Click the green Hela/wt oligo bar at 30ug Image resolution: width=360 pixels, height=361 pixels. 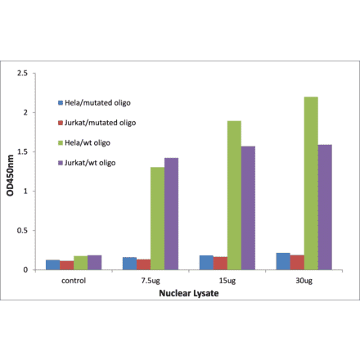pos(311,183)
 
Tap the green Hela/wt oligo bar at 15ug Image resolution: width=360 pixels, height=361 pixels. pos(234,196)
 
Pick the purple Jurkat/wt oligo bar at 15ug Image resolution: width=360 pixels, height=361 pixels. pos(249,208)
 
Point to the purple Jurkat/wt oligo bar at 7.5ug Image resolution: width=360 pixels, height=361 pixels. pos(172,214)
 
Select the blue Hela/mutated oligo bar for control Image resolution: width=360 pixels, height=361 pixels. pos(52,264)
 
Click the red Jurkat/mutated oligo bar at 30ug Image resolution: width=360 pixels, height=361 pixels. pos(296,262)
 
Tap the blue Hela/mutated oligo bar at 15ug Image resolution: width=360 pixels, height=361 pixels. pos(205,262)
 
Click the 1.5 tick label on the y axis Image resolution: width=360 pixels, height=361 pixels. pos(31,151)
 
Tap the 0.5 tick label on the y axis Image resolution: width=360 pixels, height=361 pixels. pos(31,231)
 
